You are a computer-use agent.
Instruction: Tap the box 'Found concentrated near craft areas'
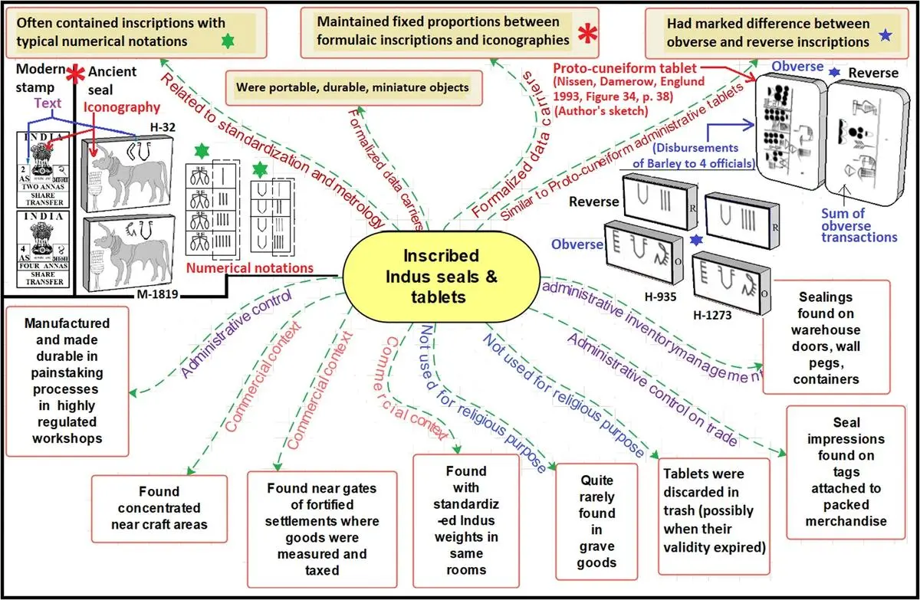[159, 508]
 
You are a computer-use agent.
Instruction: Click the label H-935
[662, 300]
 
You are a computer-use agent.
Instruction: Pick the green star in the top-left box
[226, 40]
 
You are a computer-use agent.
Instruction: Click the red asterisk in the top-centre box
[589, 34]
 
